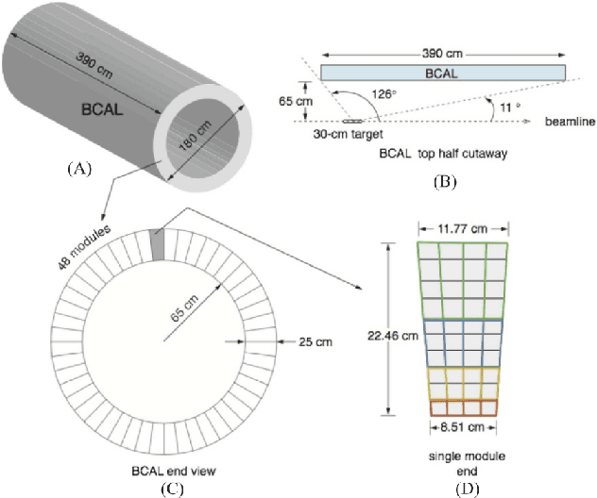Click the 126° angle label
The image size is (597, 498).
pyautogui.click(x=382, y=94)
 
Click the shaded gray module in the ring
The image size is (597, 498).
pyautogui.click(x=157, y=241)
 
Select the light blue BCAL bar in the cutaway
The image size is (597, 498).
pyautogui.click(x=443, y=73)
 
